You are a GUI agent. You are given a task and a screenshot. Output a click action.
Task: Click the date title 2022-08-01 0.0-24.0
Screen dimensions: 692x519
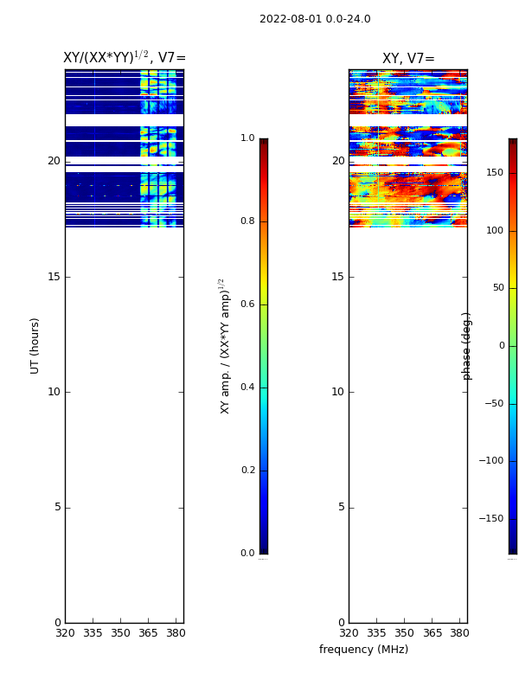(x=315, y=19)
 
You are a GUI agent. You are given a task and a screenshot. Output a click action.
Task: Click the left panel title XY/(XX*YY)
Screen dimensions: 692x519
(x=124, y=58)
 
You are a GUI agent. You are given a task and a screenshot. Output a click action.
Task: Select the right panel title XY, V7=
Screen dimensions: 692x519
(x=408, y=59)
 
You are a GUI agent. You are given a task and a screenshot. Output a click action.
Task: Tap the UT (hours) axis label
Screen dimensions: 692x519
(x=35, y=345)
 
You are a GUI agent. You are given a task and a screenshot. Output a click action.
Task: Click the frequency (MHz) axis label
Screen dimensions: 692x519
(x=363, y=650)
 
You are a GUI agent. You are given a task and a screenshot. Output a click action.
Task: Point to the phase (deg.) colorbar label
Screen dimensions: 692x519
(x=467, y=346)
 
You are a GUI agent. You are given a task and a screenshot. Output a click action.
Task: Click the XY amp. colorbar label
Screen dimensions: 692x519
(x=225, y=346)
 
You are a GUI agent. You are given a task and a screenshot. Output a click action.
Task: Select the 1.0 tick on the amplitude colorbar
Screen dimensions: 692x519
(x=247, y=138)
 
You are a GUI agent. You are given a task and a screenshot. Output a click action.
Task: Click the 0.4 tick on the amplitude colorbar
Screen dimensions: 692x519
(x=247, y=388)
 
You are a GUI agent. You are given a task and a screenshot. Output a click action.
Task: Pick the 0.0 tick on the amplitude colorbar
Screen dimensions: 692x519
(x=247, y=554)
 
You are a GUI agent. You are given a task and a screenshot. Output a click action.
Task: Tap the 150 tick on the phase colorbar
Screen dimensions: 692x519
(x=495, y=173)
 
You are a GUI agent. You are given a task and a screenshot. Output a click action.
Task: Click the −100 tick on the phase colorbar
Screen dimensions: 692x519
(x=490, y=461)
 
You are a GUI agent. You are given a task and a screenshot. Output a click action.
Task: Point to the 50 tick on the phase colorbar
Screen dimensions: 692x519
(x=497, y=288)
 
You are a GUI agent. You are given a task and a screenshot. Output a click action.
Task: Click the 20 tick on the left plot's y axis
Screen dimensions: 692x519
(x=54, y=161)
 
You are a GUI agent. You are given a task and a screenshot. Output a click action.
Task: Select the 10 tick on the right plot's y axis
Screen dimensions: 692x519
(x=337, y=392)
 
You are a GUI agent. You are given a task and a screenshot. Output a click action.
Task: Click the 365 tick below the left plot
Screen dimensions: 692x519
(x=149, y=633)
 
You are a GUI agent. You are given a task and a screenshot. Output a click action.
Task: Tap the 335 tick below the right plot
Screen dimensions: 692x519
(x=376, y=633)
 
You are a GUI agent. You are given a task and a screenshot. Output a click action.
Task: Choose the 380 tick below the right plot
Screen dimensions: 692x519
(x=460, y=633)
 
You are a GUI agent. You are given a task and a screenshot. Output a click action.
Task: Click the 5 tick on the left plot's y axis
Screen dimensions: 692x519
(x=56, y=507)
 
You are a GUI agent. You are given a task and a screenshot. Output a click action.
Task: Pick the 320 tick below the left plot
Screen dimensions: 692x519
(x=65, y=633)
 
